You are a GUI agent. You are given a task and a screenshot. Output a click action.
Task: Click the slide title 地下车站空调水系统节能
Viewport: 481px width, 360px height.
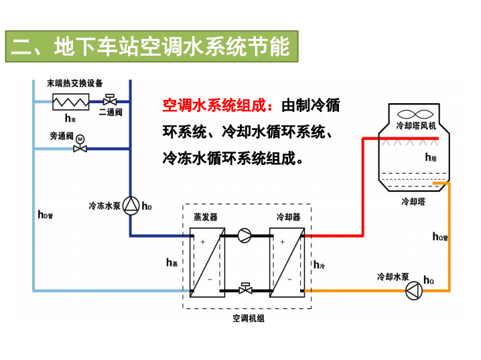[x=151, y=47]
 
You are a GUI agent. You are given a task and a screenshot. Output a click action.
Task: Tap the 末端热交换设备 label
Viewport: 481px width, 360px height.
[x=74, y=83]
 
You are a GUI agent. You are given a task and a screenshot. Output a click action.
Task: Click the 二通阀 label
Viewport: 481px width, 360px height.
[x=111, y=112]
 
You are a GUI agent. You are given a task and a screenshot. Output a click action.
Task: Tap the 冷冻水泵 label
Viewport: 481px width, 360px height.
[x=104, y=206]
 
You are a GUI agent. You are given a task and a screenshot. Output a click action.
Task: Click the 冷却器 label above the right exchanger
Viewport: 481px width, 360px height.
[x=289, y=217]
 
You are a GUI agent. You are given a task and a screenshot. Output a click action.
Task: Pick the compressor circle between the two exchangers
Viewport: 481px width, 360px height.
[x=245, y=235]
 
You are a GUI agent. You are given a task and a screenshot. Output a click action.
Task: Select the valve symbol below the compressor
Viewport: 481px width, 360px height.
[x=245, y=288]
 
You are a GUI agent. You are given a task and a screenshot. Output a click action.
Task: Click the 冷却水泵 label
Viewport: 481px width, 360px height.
[x=393, y=276]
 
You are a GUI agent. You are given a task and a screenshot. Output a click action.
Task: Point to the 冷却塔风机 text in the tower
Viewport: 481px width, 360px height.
[x=416, y=125]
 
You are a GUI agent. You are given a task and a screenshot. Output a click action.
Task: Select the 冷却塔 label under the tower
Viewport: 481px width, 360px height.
[x=413, y=201]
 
